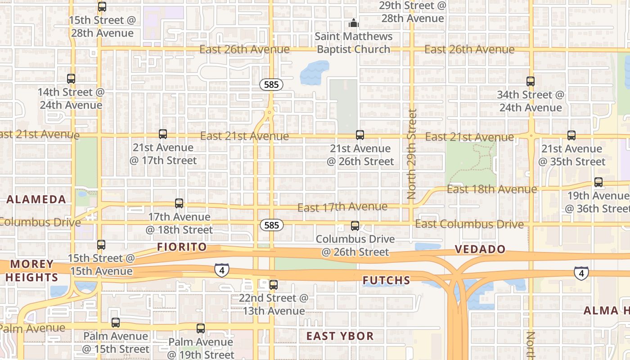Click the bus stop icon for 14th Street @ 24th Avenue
71,79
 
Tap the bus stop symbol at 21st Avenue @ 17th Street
163,134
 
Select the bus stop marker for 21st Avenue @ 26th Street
360,135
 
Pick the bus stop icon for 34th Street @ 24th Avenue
531,81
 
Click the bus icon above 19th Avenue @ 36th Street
598,182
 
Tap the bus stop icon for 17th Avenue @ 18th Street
179,203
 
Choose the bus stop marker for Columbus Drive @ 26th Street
355,226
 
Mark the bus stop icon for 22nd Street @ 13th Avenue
274,285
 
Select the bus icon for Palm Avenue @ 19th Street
201,328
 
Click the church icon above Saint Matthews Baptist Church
354,23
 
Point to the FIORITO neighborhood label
182,247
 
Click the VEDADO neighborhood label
480,249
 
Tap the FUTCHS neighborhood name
387,281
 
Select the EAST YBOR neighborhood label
340,336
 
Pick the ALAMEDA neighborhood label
36,200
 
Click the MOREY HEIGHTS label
31,270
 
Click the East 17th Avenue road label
342,207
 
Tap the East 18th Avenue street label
491,189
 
